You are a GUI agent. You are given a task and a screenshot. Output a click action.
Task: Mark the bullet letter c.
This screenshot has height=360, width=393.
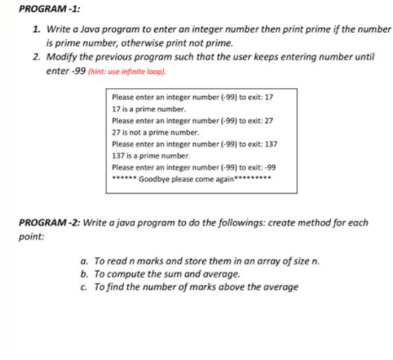click(x=82, y=289)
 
